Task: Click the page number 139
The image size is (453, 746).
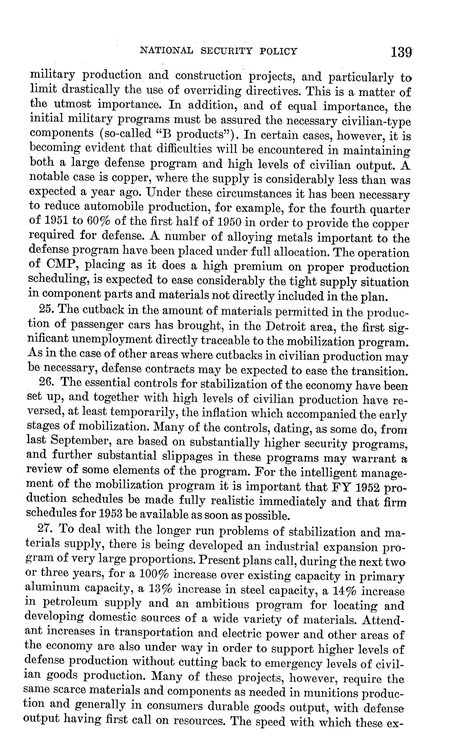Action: (401, 52)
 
